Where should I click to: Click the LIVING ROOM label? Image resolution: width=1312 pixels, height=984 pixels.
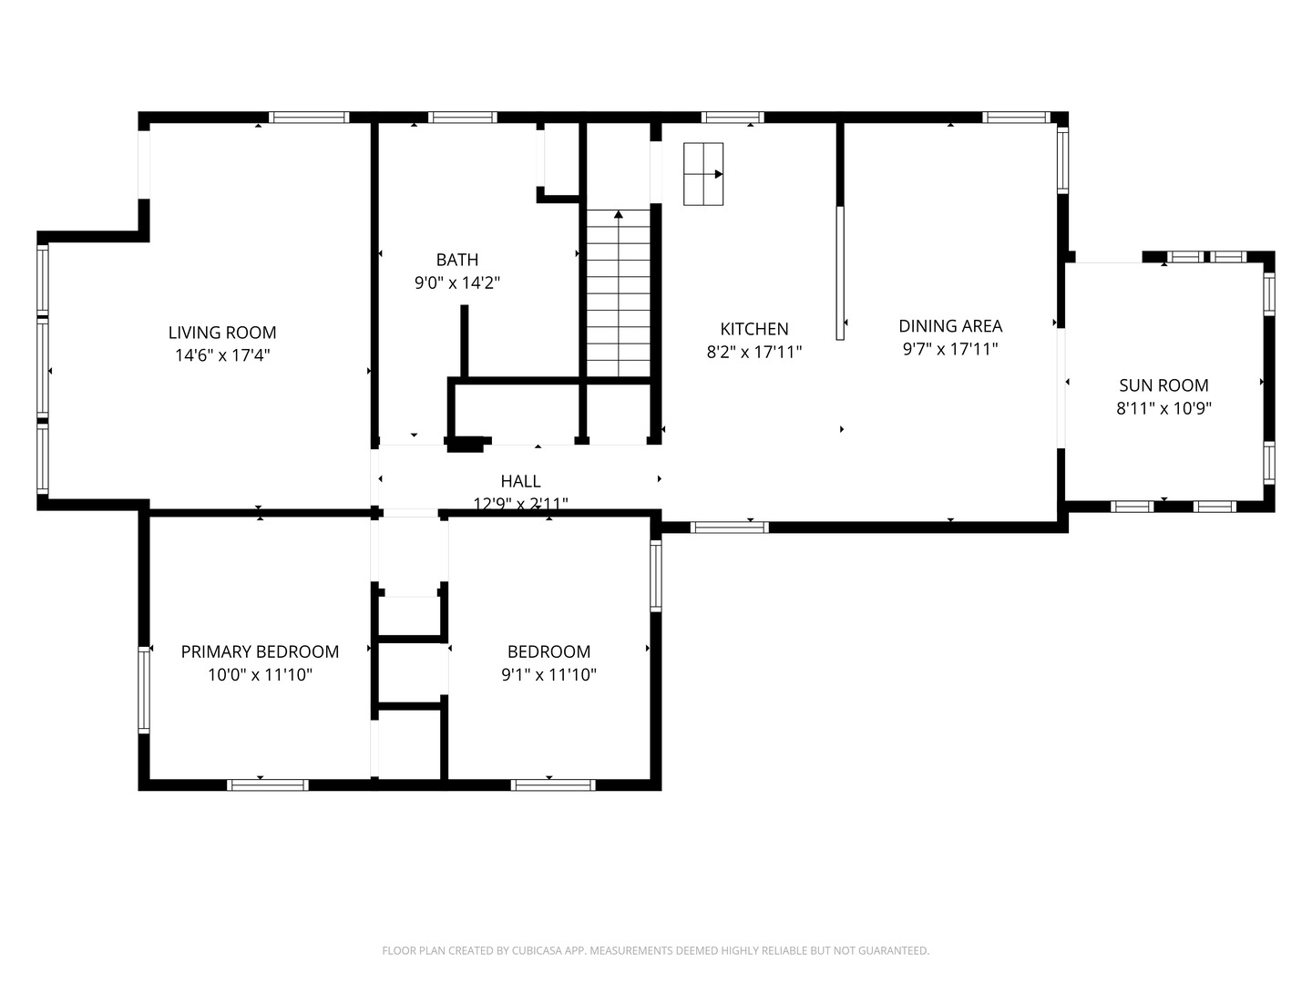coord(222,333)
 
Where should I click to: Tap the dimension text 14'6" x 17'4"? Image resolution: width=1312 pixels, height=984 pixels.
coord(222,355)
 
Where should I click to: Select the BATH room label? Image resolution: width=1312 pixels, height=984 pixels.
coord(456,260)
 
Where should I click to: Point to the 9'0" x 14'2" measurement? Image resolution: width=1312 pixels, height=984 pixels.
coord(456,283)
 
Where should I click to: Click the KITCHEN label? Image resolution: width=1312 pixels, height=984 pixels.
coord(753,329)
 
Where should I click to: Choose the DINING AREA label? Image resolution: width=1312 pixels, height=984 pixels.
coord(949,325)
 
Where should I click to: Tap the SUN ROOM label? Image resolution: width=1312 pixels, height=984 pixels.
coord(1163,385)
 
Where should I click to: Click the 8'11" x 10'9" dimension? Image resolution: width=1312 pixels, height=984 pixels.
coord(1163,409)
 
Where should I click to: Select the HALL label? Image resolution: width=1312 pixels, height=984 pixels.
coord(520,481)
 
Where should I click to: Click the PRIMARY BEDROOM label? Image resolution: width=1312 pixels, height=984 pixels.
coord(260,651)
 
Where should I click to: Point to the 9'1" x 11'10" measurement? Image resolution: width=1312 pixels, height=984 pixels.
coord(548,675)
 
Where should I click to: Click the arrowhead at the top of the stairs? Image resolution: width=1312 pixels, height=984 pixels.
coord(619,215)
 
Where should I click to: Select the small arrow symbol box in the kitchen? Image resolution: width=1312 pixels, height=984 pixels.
coord(703,174)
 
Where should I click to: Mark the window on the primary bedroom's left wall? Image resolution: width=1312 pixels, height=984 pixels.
coord(144,690)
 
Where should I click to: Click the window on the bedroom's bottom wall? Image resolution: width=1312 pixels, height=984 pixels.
coord(553,784)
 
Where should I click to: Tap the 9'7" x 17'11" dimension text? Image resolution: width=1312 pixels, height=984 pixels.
coord(949,349)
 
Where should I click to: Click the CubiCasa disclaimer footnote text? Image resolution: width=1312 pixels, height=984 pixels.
coord(655,950)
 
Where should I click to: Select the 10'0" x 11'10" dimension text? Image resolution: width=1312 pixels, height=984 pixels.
coord(260,675)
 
